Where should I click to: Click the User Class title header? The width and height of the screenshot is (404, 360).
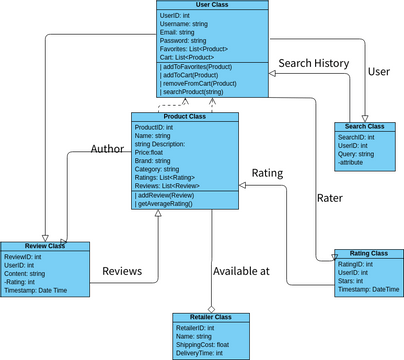pyautogui.click(x=212, y=6)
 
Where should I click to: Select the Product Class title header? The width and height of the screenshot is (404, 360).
pyautogui.click(x=185, y=117)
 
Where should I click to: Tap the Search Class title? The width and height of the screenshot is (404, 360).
pyautogui.click(x=365, y=127)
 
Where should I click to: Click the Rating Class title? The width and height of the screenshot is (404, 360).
pyautogui.click(x=361, y=253)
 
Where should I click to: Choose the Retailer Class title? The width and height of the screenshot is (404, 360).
pyautogui.click(x=209, y=316)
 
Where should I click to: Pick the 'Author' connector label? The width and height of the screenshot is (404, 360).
pyautogui.click(x=107, y=149)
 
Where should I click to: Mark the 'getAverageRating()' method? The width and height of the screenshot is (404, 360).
pyautogui.click(x=166, y=203)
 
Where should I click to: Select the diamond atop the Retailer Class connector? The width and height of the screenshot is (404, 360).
pyautogui.click(x=210, y=308)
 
